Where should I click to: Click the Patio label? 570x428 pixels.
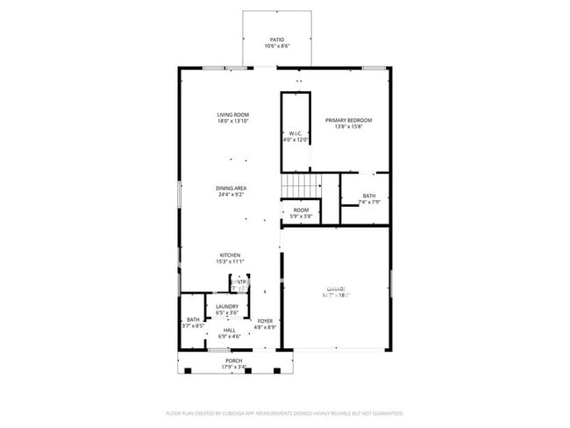tap(277, 39)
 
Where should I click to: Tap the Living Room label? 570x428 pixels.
tap(233, 115)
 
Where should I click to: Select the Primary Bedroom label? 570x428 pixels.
tap(348, 120)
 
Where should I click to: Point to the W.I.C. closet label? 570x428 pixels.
tap(296, 134)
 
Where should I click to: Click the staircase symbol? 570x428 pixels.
tap(301, 187)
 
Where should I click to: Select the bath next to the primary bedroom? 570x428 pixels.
tap(369, 198)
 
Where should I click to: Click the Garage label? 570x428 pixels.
tap(337, 289)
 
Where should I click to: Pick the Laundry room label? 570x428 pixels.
tap(227, 306)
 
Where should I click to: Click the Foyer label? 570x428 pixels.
tap(265, 321)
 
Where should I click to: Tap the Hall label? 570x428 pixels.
tap(228, 330)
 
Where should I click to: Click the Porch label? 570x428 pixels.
tap(233, 360)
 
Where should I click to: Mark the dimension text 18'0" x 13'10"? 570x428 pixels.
tap(233, 121)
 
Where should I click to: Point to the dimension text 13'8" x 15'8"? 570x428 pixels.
tap(348, 126)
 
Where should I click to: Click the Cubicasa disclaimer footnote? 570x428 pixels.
tap(285, 412)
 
